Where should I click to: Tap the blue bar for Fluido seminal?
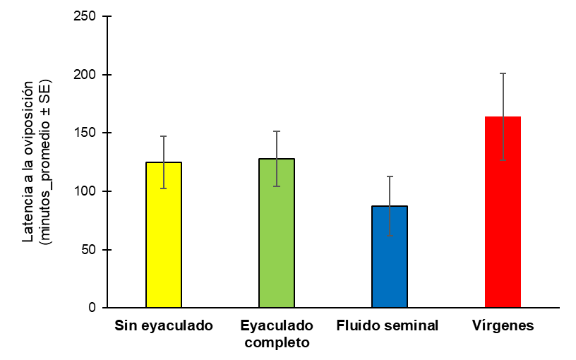(x=390, y=257)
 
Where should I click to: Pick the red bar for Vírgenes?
(x=503, y=212)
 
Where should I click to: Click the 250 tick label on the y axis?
(x=85, y=16)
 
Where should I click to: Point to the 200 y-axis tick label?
(x=85, y=75)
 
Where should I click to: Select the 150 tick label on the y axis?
(x=85, y=133)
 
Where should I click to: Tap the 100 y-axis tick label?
(x=85, y=191)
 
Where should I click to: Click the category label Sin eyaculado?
(x=164, y=326)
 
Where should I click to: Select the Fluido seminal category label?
(x=388, y=326)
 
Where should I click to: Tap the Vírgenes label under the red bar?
(x=503, y=326)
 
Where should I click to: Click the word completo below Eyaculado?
(x=277, y=343)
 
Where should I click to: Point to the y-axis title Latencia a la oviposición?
(x=28, y=162)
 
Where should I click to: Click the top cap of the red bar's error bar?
(x=503, y=73)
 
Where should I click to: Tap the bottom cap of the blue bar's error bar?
(x=390, y=236)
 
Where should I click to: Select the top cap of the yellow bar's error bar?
(x=164, y=136)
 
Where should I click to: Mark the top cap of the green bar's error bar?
(x=277, y=131)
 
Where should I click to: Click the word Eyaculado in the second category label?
(x=277, y=326)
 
